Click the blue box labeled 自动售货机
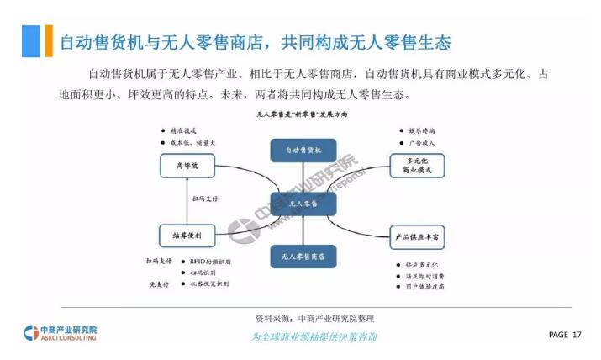(303, 150)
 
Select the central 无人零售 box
(303, 204)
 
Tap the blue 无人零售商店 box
(303, 256)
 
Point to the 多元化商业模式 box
(418, 166)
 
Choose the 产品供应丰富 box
(418, 238)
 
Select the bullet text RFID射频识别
(208, 262)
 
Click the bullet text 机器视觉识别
(208, 284)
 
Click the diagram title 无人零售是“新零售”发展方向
(302, 113)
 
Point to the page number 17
(577, 335)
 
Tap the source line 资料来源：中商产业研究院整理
(314, 319)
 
